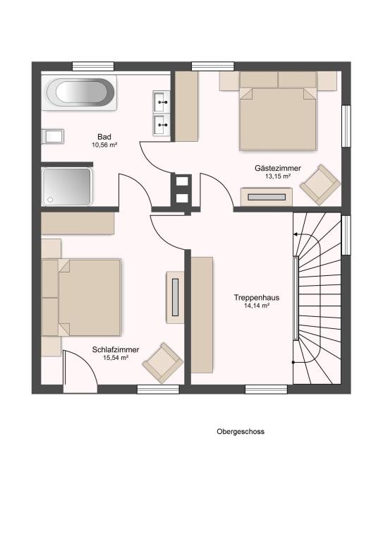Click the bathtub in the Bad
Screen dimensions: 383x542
[79, 92]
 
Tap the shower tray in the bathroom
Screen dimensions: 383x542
[67, 186]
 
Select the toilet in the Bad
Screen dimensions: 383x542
[52, 136]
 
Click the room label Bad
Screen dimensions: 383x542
[104, 137]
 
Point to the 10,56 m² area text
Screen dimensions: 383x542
[104, 145]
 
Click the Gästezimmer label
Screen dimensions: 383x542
[278, 169]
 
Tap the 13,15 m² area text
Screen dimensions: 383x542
[277, 176]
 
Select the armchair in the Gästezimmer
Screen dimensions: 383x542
[320, 185]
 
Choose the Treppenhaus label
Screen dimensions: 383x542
[257, 298]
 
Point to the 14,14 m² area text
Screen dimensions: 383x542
[257, 306]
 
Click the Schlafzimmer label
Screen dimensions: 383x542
[116, 350]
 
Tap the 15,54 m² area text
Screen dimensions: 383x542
[116, 358]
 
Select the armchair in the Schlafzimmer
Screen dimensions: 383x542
[163, 363]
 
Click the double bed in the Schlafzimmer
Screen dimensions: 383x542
[81, 298]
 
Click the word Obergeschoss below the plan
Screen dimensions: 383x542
[241, 431]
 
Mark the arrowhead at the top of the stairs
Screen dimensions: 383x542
[296, 234]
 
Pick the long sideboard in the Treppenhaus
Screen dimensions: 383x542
[202, 315]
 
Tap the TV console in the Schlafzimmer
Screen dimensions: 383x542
[175, 297]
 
